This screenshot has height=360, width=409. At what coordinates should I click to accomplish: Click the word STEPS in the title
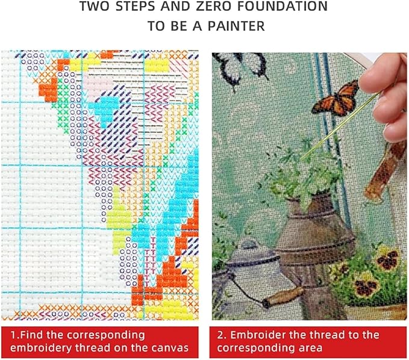coord(123,7)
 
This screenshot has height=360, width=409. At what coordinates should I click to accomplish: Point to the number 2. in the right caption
coord(221,335)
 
